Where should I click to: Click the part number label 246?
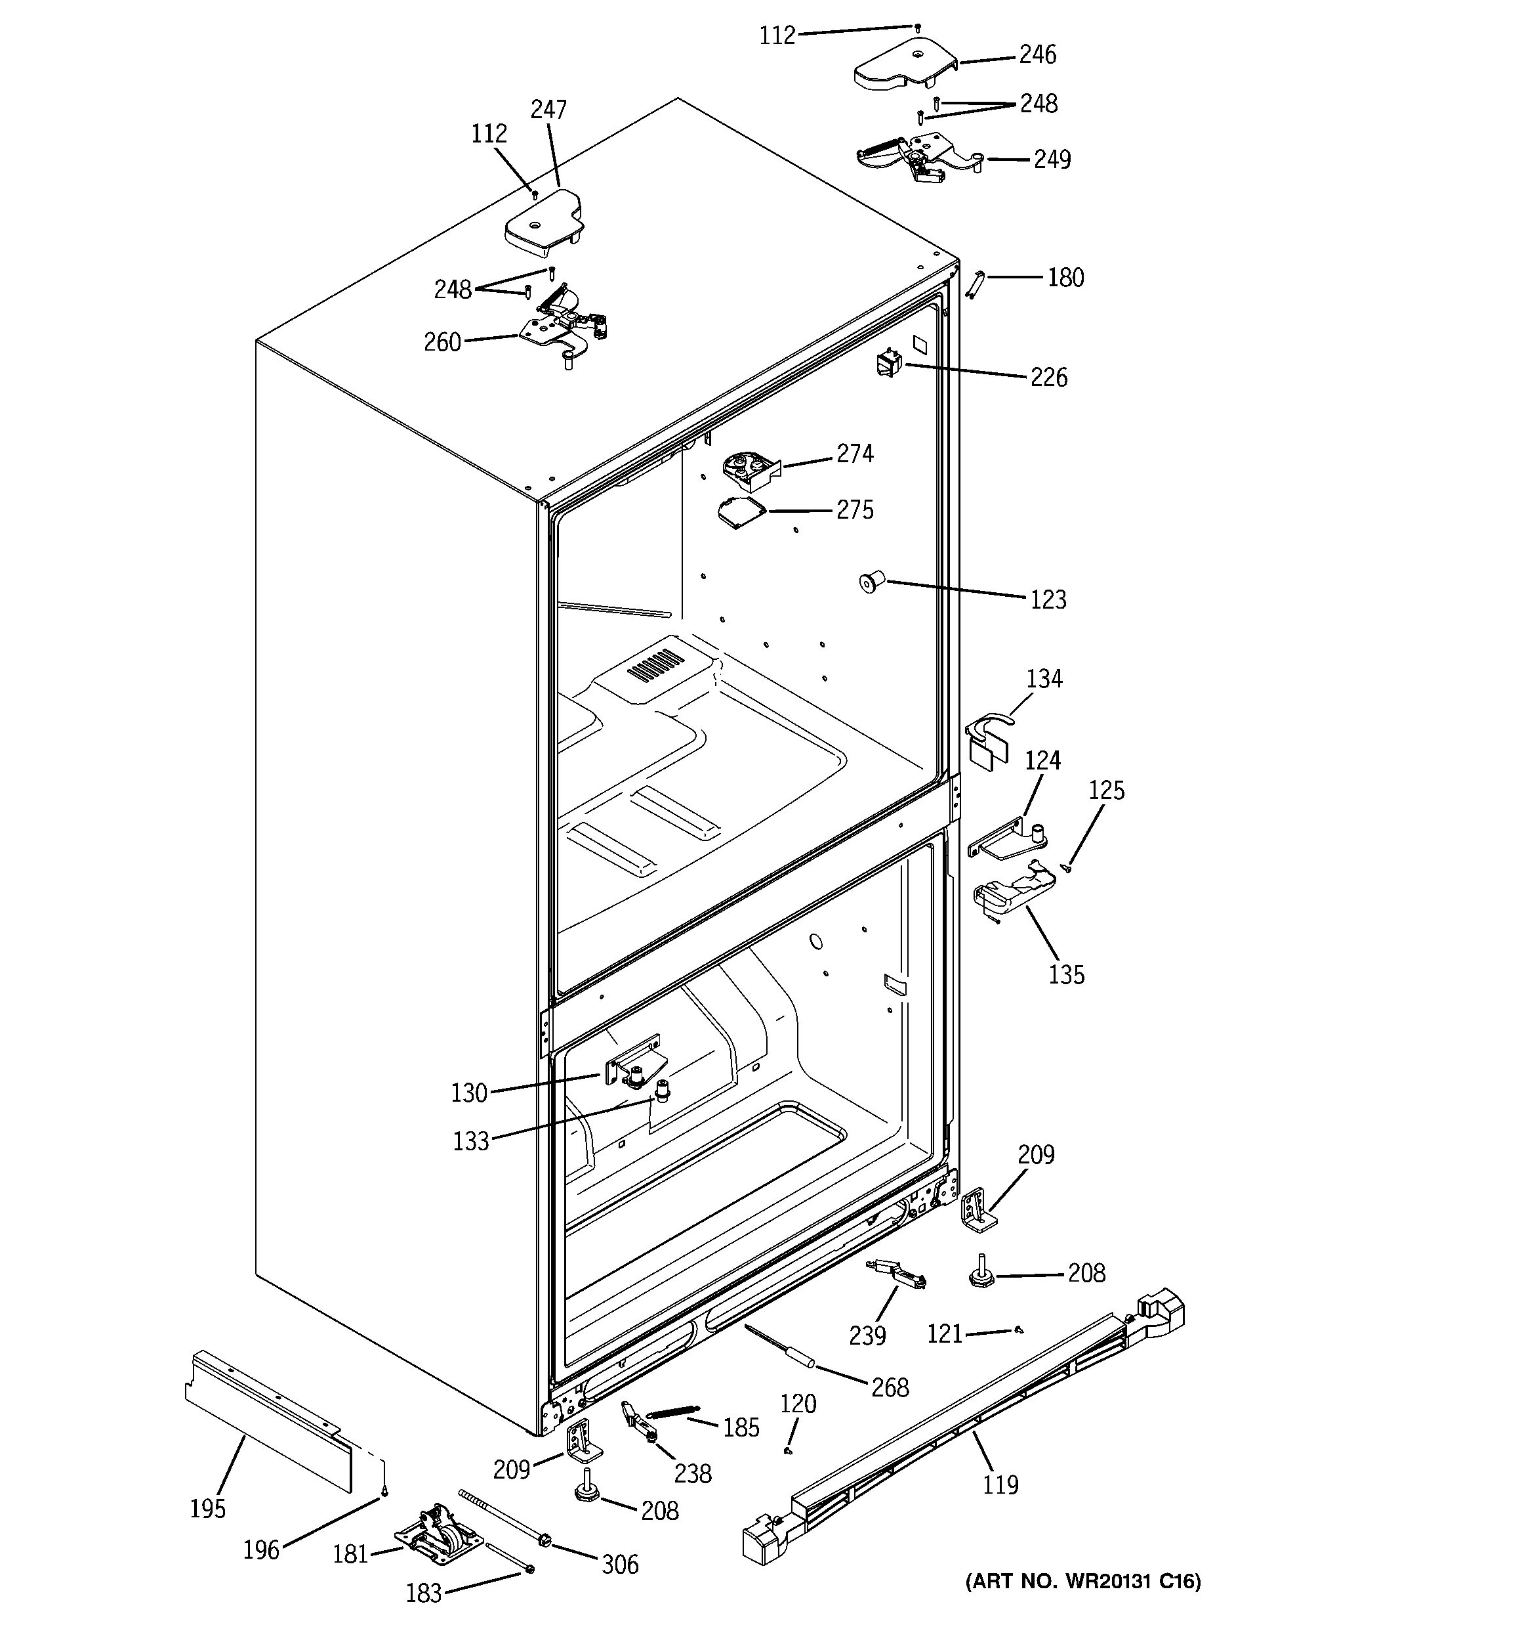point(1038,54)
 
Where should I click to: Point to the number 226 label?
point(1048,378)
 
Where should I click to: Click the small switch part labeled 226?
point(886,362)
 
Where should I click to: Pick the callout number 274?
point(855,454)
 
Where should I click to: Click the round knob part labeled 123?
point(871,583)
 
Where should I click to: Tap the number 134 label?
point(1044,678)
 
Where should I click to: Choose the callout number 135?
point(1066,974)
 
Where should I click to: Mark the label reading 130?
point(469,1093)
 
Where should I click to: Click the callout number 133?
point(470,1141)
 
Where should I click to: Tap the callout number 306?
point(619,1565)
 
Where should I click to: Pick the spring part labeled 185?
point(672,1412)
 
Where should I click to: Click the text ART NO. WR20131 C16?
point(1083,1605)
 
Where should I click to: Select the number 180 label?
point(1065,278)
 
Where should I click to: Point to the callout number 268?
point(890,1387)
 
